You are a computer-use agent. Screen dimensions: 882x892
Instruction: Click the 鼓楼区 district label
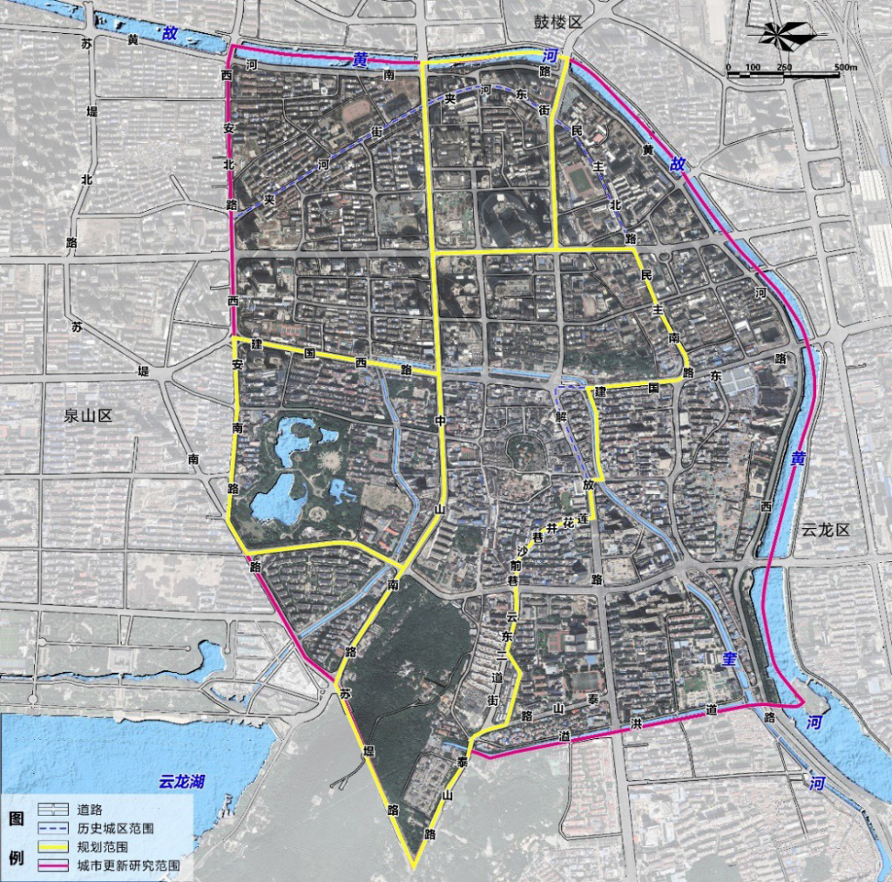[x=557, y=22]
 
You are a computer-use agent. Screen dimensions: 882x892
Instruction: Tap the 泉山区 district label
[x=89, y=416]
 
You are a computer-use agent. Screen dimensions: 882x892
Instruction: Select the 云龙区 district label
[x=825, y=530]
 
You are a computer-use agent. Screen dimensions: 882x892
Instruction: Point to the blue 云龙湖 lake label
[x=181, y=781]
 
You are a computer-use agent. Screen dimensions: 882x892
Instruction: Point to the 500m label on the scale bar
[x=845, y=68]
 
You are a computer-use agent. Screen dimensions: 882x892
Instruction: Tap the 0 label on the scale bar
[x=728, y=68]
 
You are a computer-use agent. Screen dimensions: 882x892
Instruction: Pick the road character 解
[x=562, y=417]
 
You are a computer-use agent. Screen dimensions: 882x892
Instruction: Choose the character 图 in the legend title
[x=16, y=819]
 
